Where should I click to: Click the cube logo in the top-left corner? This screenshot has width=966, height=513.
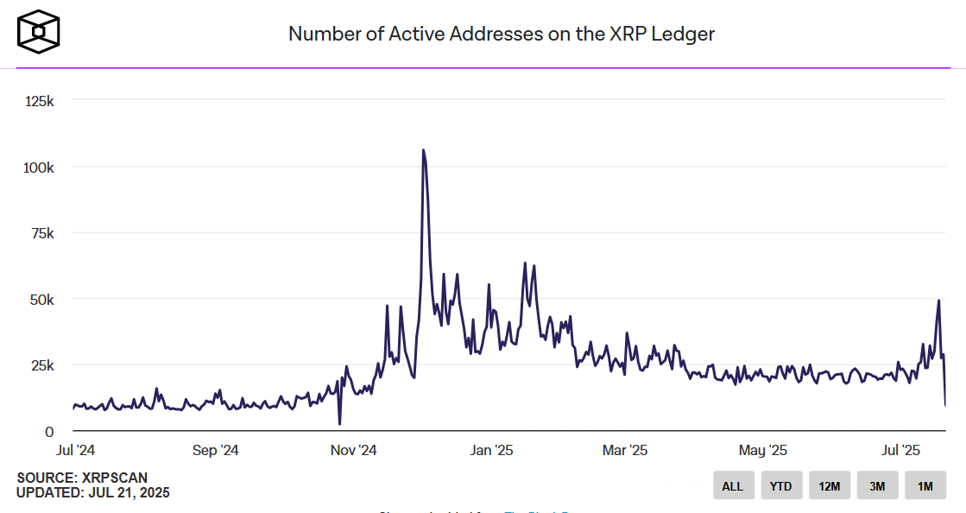click(39, 32)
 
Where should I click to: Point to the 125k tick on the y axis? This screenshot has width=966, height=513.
click(39, 101)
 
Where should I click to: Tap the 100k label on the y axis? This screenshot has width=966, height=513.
click(39, 167)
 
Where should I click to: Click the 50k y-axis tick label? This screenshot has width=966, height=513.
click(41, 300)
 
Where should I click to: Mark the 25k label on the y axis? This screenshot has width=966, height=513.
click(41, 365)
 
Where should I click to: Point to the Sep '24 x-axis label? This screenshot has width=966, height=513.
click(216, 450)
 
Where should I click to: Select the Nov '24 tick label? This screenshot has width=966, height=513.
click(353, 450)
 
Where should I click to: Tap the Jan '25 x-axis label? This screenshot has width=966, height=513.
click(492, 450)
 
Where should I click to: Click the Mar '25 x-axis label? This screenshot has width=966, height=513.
click(624, 450)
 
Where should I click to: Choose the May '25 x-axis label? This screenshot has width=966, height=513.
click(763, 450)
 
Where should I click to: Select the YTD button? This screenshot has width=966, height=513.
click(781, 486)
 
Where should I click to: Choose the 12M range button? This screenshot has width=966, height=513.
click(830, 486)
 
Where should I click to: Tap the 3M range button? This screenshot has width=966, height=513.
click(877, 486)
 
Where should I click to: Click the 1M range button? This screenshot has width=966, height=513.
click(925, 486)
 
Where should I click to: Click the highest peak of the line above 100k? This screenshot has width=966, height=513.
click(423, 150)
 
